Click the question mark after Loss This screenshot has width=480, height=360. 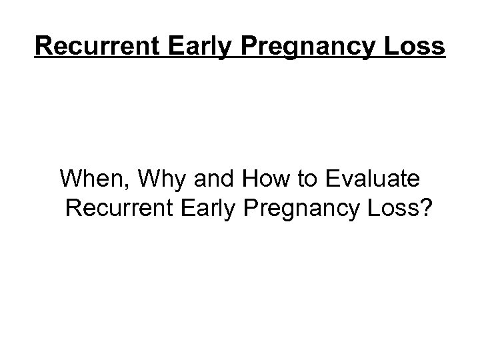point(426,210)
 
